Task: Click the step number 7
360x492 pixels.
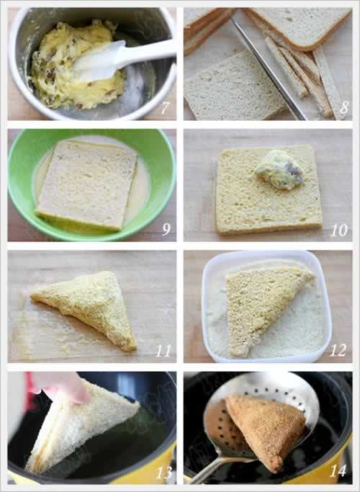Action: click(x=165, y=108)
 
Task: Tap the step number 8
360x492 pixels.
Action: click(x=343, y=108)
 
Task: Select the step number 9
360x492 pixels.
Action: click(x=166, y=230)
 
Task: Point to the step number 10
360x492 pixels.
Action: click(x=339, y=230)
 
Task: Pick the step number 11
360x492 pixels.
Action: click(x=163, y=351)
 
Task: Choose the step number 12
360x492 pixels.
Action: click(x=338, y=350)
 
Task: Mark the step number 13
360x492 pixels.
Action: click(x=164, y=473)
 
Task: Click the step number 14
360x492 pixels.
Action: click(x=338, y=470)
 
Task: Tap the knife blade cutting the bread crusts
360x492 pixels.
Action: click(x=268, y=69)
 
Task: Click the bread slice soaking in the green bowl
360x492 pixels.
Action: click(x=87, y=185)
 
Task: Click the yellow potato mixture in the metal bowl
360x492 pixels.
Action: click(x=76, y=66)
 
